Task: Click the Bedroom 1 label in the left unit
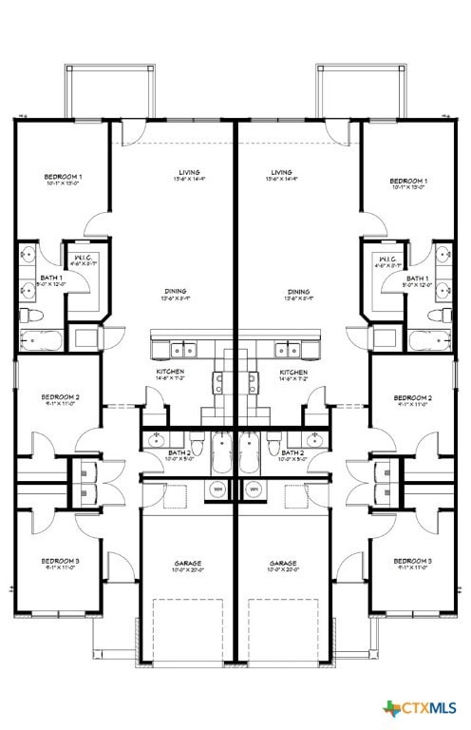[x=64, y=178]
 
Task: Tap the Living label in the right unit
[x=282, y=173]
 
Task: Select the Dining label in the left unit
[x=174, y=292]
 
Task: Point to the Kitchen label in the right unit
[x=293, y=372]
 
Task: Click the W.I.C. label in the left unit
[x=83, y=258]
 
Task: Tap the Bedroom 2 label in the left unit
[x=60, y=397]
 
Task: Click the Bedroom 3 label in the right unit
[x=412, y=562]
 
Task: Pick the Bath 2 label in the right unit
[x=293, y=453]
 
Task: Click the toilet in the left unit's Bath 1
[x=28, y=315]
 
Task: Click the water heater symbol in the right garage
[x=254, y=490]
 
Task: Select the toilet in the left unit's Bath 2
[x=196, y=444]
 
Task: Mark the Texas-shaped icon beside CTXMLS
[x=392, y=708]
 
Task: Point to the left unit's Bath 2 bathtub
[x=220, y=452]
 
